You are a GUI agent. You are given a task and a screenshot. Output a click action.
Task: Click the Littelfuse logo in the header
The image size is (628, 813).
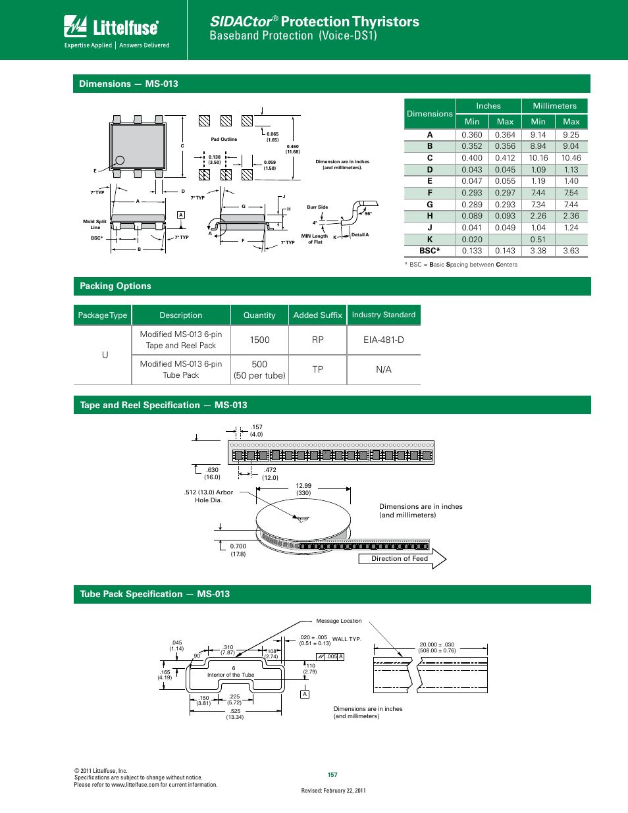111,27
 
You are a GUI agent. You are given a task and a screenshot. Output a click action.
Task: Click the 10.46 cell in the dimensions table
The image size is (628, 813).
571,158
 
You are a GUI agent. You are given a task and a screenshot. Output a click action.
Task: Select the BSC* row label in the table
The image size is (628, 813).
429,251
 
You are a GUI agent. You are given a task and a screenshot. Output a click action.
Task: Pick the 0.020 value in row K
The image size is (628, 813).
471,240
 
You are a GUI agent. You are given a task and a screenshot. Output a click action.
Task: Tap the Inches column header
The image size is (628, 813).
488,106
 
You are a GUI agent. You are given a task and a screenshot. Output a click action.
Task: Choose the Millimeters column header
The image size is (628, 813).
554,106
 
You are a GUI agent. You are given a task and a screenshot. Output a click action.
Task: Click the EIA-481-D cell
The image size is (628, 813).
383,340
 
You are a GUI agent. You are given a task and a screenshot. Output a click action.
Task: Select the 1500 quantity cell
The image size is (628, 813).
259,340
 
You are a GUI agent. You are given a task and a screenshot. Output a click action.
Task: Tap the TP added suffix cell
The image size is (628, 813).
317,369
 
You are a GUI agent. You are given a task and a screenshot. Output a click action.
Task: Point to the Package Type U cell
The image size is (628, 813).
105,355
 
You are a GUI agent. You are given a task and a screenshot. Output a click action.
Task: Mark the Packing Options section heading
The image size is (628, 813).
115,286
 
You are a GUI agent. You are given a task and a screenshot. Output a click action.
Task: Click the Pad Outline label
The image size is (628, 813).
224,140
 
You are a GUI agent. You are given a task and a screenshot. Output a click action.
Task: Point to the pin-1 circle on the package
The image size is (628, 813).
120,160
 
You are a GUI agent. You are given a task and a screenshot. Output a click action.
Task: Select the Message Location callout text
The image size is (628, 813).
338,621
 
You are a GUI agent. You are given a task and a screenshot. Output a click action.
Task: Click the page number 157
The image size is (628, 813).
332,775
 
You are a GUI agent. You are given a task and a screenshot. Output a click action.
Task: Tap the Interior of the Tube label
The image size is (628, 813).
230,675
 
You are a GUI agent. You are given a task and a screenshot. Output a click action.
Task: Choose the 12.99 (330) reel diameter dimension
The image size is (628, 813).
303,489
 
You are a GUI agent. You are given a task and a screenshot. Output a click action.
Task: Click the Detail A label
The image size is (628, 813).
360,235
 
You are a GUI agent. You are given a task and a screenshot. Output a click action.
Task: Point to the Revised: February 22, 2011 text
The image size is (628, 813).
333,791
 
